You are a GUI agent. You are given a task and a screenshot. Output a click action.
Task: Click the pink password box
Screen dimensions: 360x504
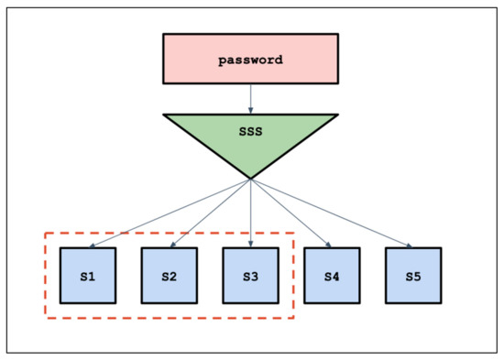250,59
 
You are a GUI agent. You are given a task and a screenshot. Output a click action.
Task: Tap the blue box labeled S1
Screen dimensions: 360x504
88,275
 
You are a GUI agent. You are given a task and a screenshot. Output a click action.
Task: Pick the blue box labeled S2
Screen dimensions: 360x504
170,275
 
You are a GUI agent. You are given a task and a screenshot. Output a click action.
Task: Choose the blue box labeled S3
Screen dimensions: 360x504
251,275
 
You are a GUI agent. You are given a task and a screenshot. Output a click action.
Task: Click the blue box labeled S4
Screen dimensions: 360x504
332,275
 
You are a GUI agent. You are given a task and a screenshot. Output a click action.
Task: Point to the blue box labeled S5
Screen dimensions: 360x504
413,275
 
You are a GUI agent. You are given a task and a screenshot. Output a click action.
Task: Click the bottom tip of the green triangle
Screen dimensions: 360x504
250,178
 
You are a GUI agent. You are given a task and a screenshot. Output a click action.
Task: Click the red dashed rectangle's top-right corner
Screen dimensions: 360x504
293,233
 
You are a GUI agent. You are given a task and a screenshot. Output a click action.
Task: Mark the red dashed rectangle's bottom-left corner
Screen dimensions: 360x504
46,318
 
